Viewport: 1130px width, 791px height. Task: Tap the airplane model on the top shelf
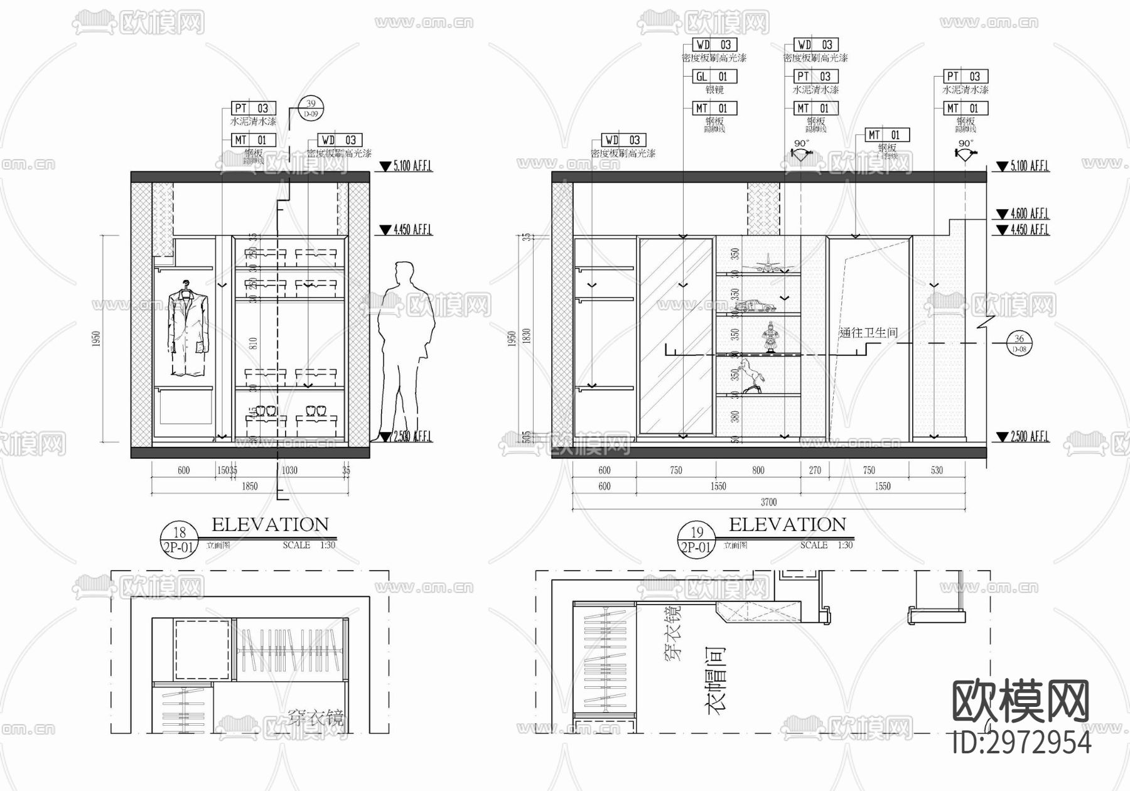(x=766, y=265)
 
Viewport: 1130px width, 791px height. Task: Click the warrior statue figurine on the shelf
(x=768, y=338)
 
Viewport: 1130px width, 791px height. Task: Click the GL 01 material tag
(x=714, y=77)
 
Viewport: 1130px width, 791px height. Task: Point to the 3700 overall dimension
(x=768, y=502)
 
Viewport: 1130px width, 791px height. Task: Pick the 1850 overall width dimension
(x=250, y=486)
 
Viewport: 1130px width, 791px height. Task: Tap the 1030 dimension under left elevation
(x=289, y=470)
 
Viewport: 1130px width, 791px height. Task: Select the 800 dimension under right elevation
(x=758, y=470)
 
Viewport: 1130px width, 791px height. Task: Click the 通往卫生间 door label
(x=868, y=333)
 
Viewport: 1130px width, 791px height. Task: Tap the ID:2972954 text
(x=1021, y=742)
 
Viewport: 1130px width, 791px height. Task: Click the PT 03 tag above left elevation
(x=254, y=109)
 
